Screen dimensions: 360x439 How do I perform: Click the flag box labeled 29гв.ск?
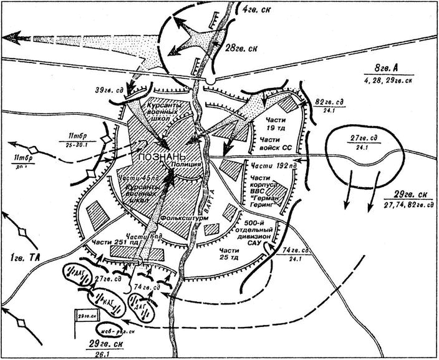pyautogui.click(x=87, y=316)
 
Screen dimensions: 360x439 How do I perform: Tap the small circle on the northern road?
pyautogui.click(x=212, y=81)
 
